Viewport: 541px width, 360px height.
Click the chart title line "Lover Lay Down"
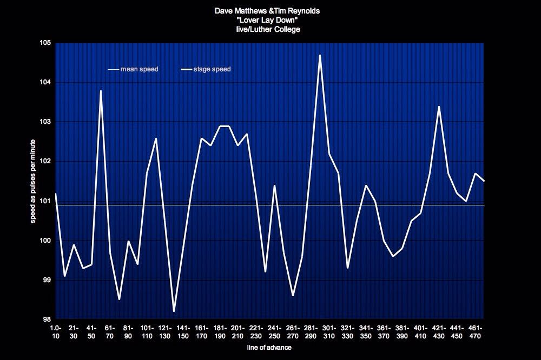268,19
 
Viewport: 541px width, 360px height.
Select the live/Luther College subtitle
268,29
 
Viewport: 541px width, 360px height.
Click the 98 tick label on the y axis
47,319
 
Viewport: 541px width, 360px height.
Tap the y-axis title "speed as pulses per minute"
33,181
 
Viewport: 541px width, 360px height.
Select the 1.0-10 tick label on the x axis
55,332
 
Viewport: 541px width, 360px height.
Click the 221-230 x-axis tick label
257,332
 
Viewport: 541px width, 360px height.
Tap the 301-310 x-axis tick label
330,332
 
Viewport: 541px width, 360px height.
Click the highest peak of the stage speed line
320,55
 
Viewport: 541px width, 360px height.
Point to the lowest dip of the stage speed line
174,311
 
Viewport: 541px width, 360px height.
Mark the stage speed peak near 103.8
101,91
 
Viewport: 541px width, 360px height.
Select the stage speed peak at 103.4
439,106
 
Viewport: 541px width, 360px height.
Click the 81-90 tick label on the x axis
129,332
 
